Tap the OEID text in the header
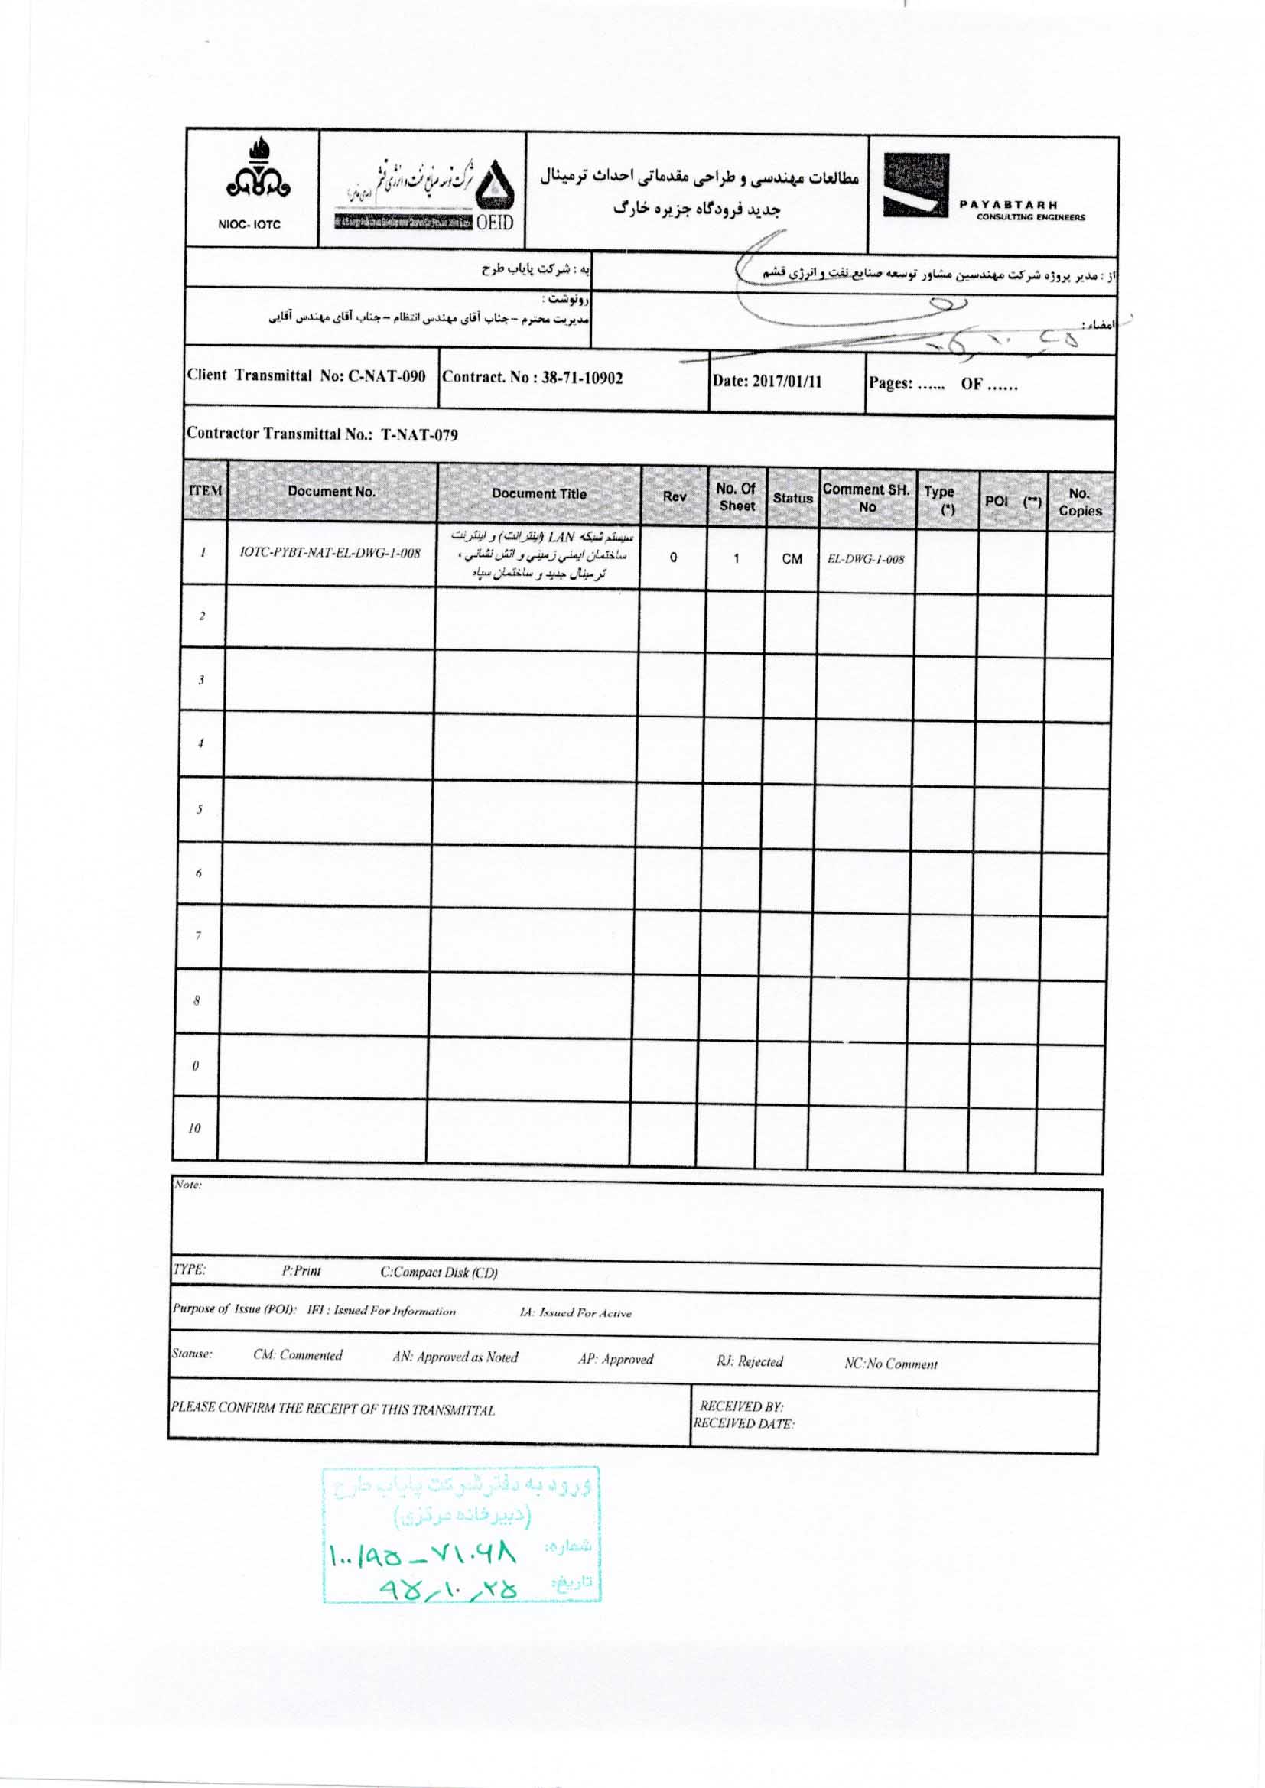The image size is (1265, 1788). (495, 223)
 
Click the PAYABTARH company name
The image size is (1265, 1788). (1008, 205)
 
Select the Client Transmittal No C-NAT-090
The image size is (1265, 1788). (306, 375)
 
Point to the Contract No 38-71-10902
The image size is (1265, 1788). (533, 379)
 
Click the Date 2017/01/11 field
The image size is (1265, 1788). (767, 382)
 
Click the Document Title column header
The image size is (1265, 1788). (539, 494)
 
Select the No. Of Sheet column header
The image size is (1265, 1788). (736, 497)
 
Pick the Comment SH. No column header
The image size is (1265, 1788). (867, 498)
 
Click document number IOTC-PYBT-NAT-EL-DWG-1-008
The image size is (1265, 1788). (331, 553)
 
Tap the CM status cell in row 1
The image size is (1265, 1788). (792, 559)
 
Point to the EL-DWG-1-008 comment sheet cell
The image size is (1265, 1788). (866, 559)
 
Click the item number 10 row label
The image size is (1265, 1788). (195, 1129)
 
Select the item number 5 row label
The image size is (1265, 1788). (200, 809)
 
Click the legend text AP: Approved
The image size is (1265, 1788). (616, 1360)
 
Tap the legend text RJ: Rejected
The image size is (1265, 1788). (750, 1361)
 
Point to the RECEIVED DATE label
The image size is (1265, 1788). (744, 1424)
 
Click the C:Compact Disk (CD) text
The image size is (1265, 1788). (438, 1273)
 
